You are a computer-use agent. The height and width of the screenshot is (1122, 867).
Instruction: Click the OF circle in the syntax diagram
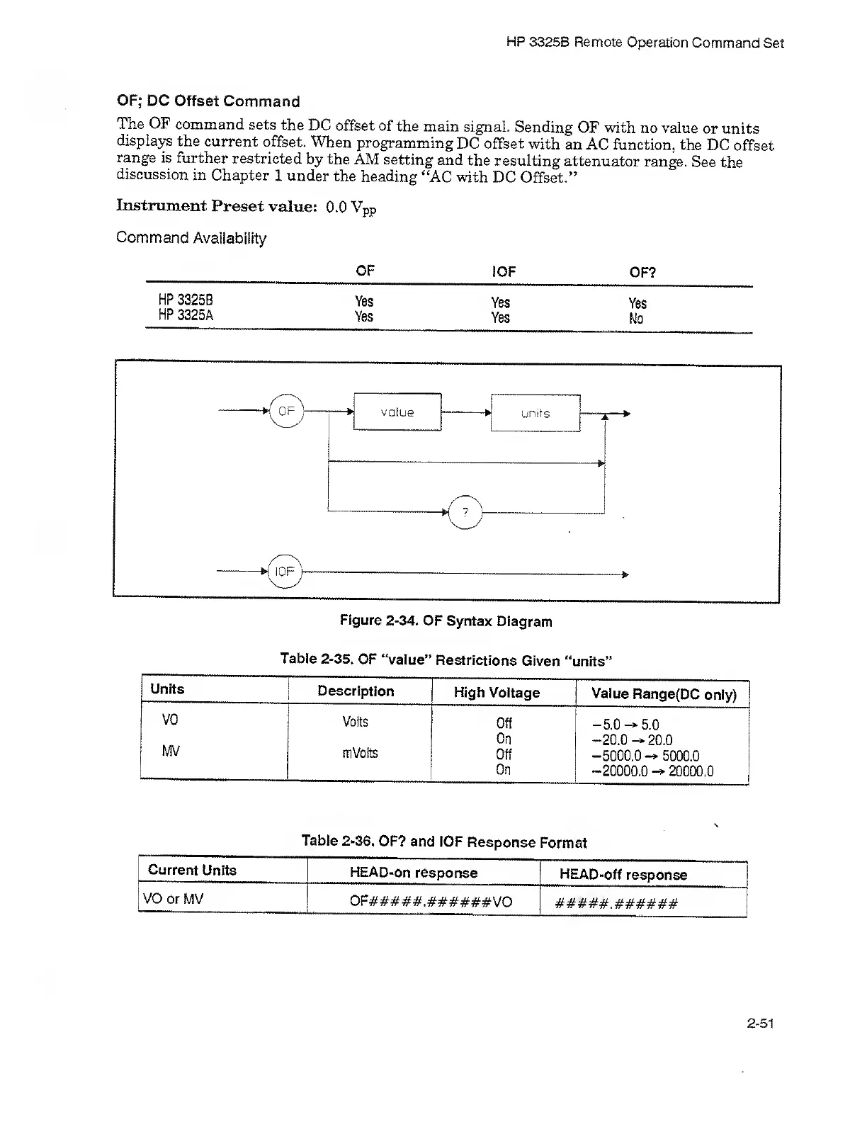[x=286, y=411]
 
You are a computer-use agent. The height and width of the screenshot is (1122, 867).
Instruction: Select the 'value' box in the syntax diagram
[x=397, y=412]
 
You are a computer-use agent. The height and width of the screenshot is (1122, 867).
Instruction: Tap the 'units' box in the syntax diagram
[x=535, y=413]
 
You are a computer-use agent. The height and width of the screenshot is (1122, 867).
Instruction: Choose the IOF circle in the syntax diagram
[x=285, y=572]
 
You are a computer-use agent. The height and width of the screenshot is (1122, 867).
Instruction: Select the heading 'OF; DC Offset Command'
[x=208, y=101]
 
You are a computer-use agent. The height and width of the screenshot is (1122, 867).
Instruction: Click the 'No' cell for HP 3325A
[x=636, y=319]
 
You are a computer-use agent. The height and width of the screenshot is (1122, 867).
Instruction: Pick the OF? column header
[x=642, y=272]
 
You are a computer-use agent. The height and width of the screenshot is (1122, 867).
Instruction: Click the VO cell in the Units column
[x=170, y=720]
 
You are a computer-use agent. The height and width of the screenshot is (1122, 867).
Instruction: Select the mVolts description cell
[x=360, y=752]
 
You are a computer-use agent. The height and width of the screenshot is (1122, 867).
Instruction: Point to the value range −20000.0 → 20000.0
[x=652, y=771]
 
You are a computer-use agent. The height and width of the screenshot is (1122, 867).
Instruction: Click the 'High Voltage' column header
[x=497, y=693]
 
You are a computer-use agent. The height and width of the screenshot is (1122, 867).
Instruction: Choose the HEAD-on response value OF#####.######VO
[x=431, y=902]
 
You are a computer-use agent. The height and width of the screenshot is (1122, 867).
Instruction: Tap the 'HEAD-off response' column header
[x=623, y=874]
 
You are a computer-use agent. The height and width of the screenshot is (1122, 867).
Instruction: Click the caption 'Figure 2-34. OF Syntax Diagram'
[x=446, y=621]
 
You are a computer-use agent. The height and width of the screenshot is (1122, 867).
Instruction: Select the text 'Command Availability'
[x=191, y=238]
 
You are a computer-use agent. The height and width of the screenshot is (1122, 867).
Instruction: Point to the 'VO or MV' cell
[x=173, y=899]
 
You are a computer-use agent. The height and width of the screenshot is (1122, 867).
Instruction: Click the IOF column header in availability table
[x=503, y=271]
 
